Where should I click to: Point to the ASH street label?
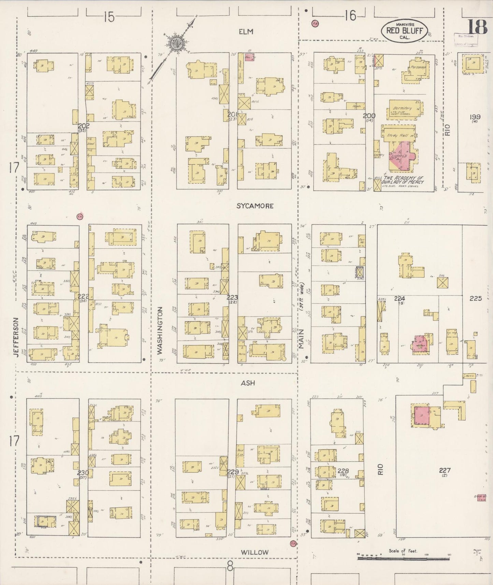(x=248, y=383)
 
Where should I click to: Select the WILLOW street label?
(x=255, y=552)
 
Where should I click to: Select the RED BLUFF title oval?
(x=404, y=31)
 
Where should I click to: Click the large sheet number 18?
(x=477, y=27)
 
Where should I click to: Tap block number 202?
(x=84, y=126)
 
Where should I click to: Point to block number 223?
(x=234, y=297)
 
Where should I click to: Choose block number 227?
(x=445, y=470)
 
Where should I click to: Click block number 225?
(x=476, y=298)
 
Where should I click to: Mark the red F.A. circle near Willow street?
(x=292, y=543)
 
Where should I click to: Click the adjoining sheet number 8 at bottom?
(x=230, y=567)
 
